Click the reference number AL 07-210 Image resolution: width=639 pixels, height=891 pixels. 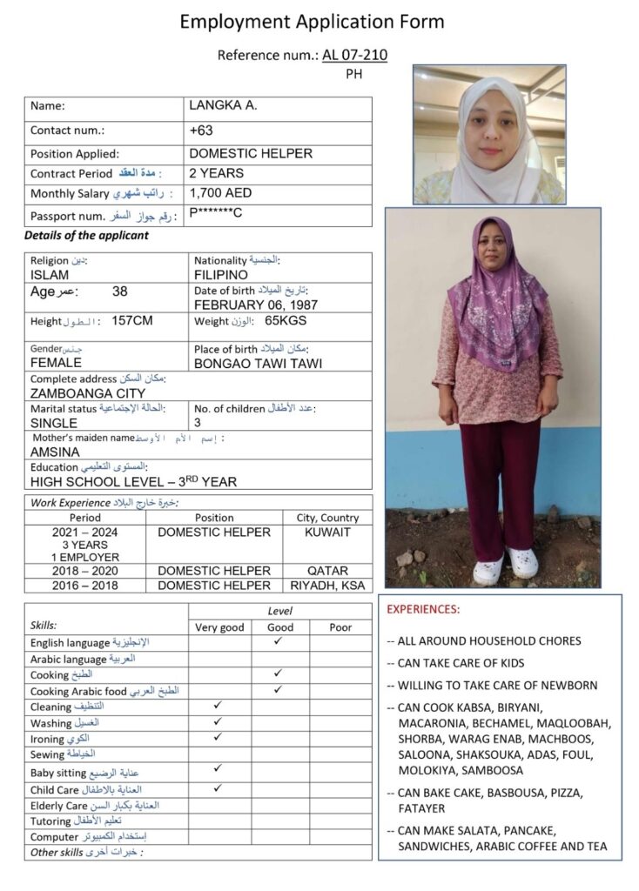click(x=354, y=56)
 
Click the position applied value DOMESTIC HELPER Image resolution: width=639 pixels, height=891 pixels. click(x=250, y=153)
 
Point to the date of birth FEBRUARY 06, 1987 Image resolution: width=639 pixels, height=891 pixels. click(x=255, y=305)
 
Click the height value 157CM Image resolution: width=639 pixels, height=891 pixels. click(x=132, y=321)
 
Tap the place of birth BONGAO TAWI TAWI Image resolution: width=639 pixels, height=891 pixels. click(x=258, y=363)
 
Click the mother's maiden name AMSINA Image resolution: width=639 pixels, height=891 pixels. click(x=55, y=452)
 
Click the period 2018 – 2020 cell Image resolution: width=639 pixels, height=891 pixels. click(x=84, y=571)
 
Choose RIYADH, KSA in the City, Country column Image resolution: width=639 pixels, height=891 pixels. click(x=327, y=586)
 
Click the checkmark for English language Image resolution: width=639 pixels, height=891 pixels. click(x=278, y=641)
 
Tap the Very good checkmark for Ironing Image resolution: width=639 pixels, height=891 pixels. click(x=218, y=737)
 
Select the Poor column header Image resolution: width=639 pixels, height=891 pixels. click(x=340, y=626)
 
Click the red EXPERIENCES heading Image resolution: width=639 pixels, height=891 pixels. click(x=423, y=610)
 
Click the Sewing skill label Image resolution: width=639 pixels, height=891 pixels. click(x=48, y=754)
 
